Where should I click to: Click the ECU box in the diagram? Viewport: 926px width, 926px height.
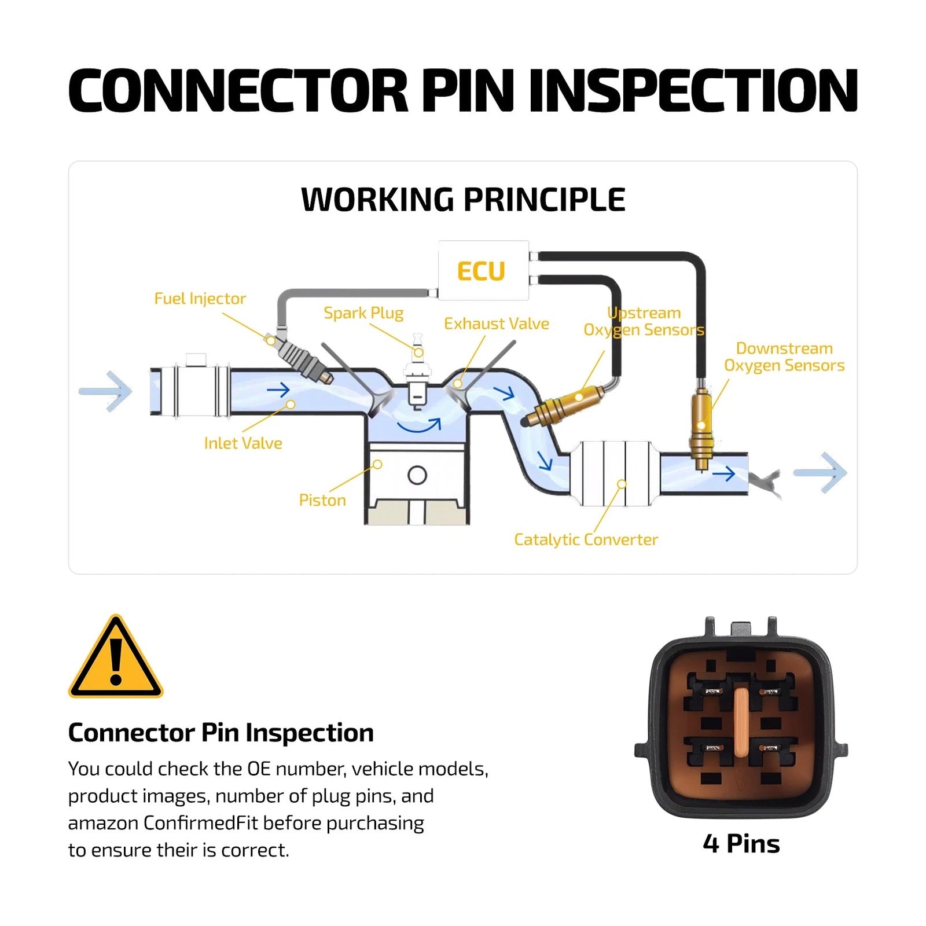click(483, 270)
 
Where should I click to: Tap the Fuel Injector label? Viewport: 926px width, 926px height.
click(200, 299)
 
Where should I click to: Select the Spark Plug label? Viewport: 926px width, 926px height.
click(363, 313)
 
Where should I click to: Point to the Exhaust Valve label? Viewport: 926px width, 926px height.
click(497, 324)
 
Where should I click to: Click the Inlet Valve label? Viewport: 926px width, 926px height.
click(243, 443)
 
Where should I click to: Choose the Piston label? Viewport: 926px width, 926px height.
click(322, 500)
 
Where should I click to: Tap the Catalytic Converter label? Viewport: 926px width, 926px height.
click(586, 540)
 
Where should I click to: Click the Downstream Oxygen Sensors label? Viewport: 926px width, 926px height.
click(784, 357)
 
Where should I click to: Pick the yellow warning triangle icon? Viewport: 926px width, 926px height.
click(116, 656)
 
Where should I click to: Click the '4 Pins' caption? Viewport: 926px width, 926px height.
click(741, 844)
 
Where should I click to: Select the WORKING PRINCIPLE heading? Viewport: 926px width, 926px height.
click(463, 200)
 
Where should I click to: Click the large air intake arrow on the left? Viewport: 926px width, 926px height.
click(105, 391)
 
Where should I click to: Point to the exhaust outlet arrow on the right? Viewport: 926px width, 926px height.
click(820, 473)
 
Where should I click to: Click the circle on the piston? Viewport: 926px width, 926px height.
click(417, 475)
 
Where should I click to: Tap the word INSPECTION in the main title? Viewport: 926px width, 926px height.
click(693, 90)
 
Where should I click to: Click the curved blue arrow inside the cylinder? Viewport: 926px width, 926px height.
click(419, 427)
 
